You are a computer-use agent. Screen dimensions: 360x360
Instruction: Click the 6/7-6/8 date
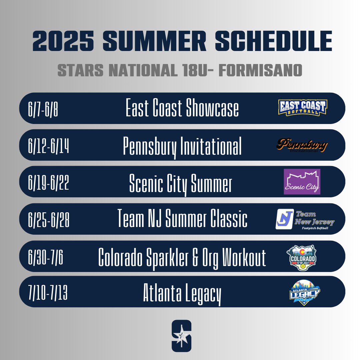click(x=43, y=109)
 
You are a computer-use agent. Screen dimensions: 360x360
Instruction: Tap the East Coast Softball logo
click(x=303, y=108)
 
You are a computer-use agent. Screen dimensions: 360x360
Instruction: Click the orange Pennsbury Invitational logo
click(x=302, y=145)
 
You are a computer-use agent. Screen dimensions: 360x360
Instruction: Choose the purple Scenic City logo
click(x=302, y=182)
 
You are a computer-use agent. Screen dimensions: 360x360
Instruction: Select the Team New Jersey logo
click(x=305, y=219)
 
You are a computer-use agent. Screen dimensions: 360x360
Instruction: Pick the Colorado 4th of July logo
click(x=302, y=257)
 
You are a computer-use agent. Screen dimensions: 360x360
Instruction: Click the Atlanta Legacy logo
click(x=305, y=293)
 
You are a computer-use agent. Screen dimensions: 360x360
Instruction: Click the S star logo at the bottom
click(x=182, y=336)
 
